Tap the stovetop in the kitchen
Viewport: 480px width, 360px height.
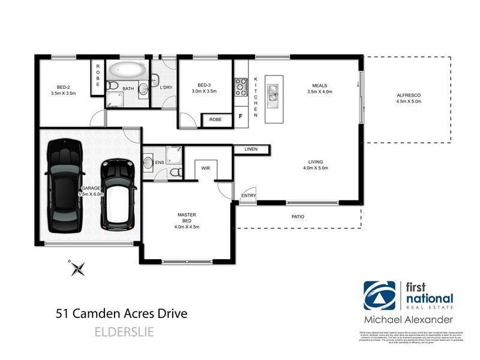[241, 88]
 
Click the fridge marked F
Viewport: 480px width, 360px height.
[241, 116]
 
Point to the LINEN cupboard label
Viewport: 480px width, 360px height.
[251, 149]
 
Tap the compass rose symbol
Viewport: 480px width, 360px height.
[77, 268]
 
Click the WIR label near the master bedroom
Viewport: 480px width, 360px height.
[205, 169]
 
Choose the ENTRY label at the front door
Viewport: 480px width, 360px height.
[248, 196]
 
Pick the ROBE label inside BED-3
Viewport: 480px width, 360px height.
[215, 120]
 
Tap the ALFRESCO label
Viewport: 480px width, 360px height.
[409, 95]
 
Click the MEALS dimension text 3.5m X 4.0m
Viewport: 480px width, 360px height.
[319, 92]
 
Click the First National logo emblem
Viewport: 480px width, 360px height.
[379, 296]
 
